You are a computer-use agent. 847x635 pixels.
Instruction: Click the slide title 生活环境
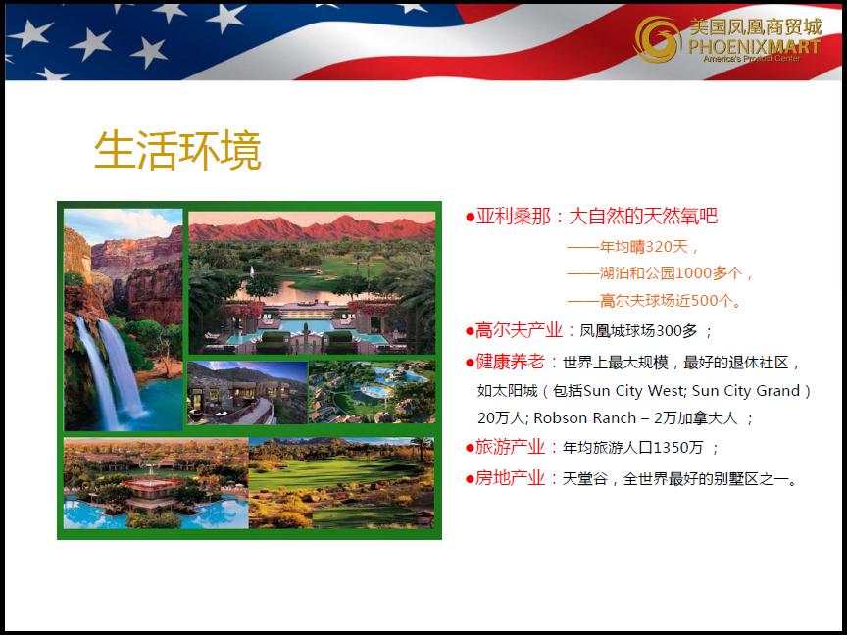point(177,150)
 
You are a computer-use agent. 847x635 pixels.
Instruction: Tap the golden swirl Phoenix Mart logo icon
point(657,39)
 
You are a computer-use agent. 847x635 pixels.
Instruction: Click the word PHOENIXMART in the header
point(754,46)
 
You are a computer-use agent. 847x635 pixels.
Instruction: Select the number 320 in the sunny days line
point(659,247)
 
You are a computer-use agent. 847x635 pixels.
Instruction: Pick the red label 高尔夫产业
point(519,330)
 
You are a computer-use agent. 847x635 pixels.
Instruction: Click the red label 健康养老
point(510,362)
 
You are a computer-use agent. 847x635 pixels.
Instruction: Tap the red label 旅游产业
point(510,447)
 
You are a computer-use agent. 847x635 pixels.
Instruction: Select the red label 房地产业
point(510,478)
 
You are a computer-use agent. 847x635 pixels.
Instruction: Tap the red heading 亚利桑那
point(513,216)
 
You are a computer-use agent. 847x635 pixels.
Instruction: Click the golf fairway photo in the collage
point(341,483)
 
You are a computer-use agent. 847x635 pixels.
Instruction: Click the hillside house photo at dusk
point(247,393)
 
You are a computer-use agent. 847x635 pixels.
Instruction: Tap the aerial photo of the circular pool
point(372,393)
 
